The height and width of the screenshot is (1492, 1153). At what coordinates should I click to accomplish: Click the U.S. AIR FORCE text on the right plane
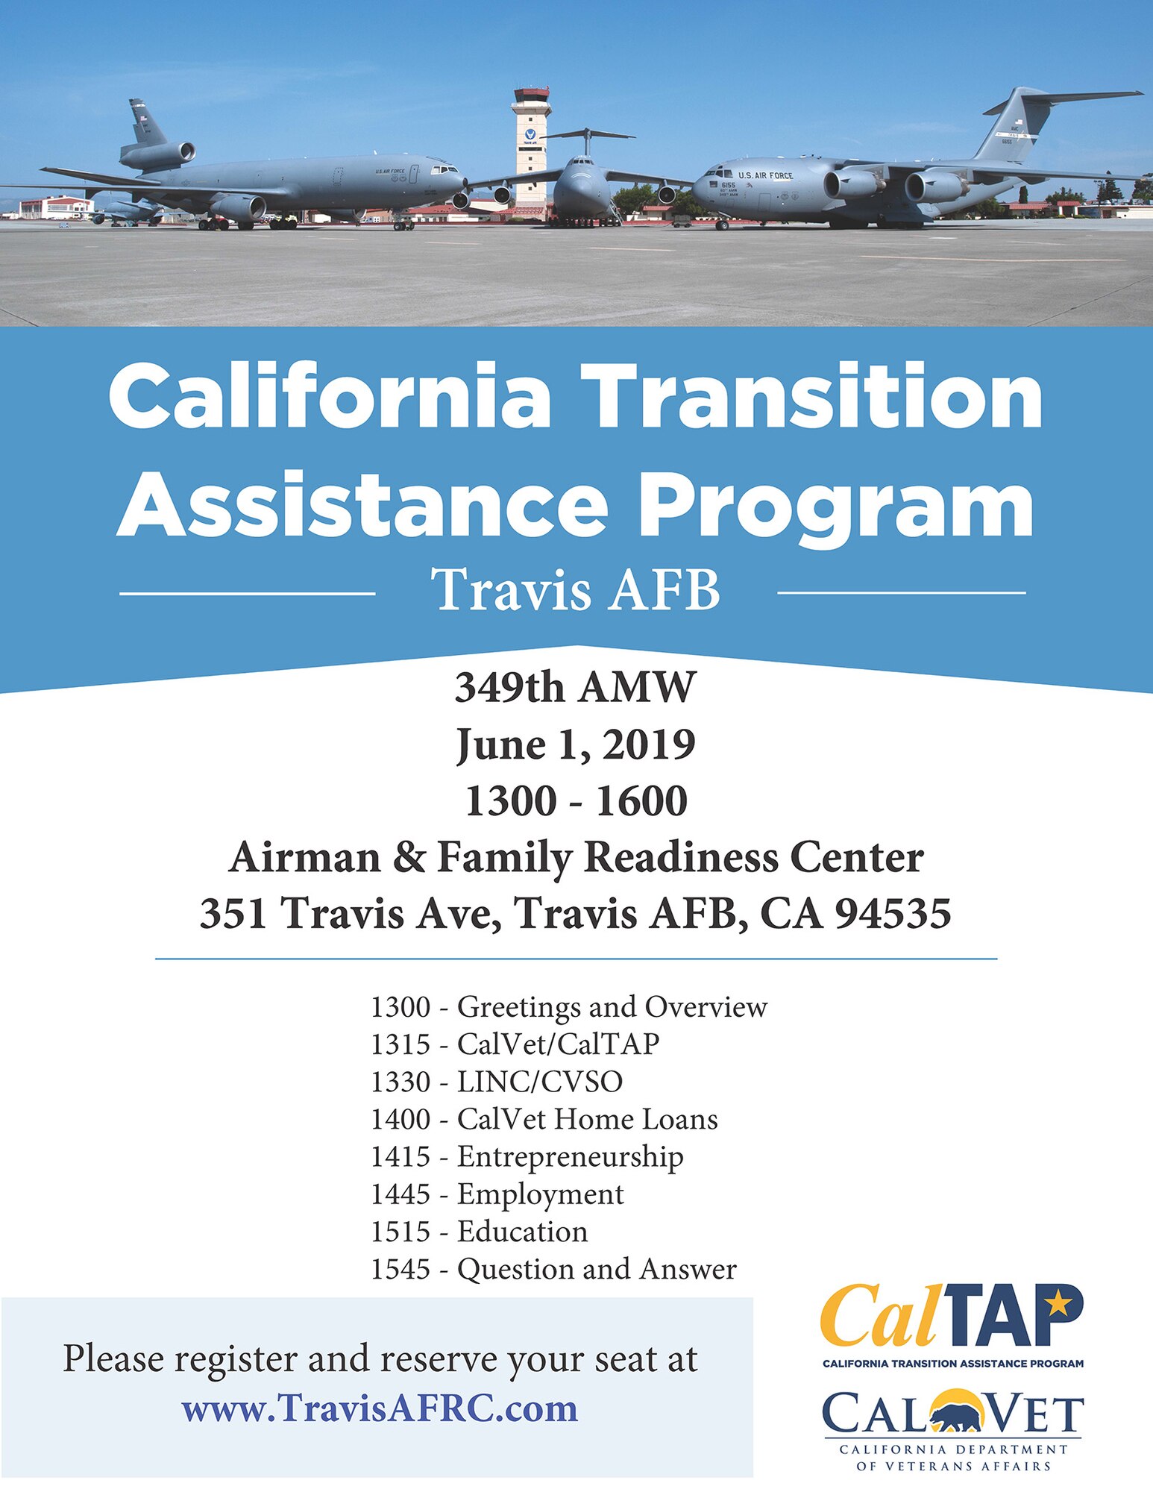point(765,175)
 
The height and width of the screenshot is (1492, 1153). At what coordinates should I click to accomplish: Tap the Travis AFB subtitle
point(576,592)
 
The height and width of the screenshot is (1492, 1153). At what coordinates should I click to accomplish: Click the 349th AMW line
point(576,687)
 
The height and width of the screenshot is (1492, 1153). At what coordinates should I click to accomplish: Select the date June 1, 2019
point(576,745)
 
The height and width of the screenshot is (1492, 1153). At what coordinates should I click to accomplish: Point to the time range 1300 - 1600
point(576,801)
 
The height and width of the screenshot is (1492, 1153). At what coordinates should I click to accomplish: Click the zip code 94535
point(893,913)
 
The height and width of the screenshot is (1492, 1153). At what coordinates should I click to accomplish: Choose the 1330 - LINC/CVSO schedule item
point(497,1082)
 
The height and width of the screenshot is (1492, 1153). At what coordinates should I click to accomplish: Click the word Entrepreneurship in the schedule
point(570,1157)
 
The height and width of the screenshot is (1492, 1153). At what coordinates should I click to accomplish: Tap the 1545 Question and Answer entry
point(553,1269)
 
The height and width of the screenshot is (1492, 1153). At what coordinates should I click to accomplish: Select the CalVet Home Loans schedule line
point(544,1119)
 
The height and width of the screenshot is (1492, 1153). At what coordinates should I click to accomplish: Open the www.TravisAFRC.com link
point(380,1408)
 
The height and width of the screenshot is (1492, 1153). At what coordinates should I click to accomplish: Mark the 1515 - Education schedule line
point(480,1232)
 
